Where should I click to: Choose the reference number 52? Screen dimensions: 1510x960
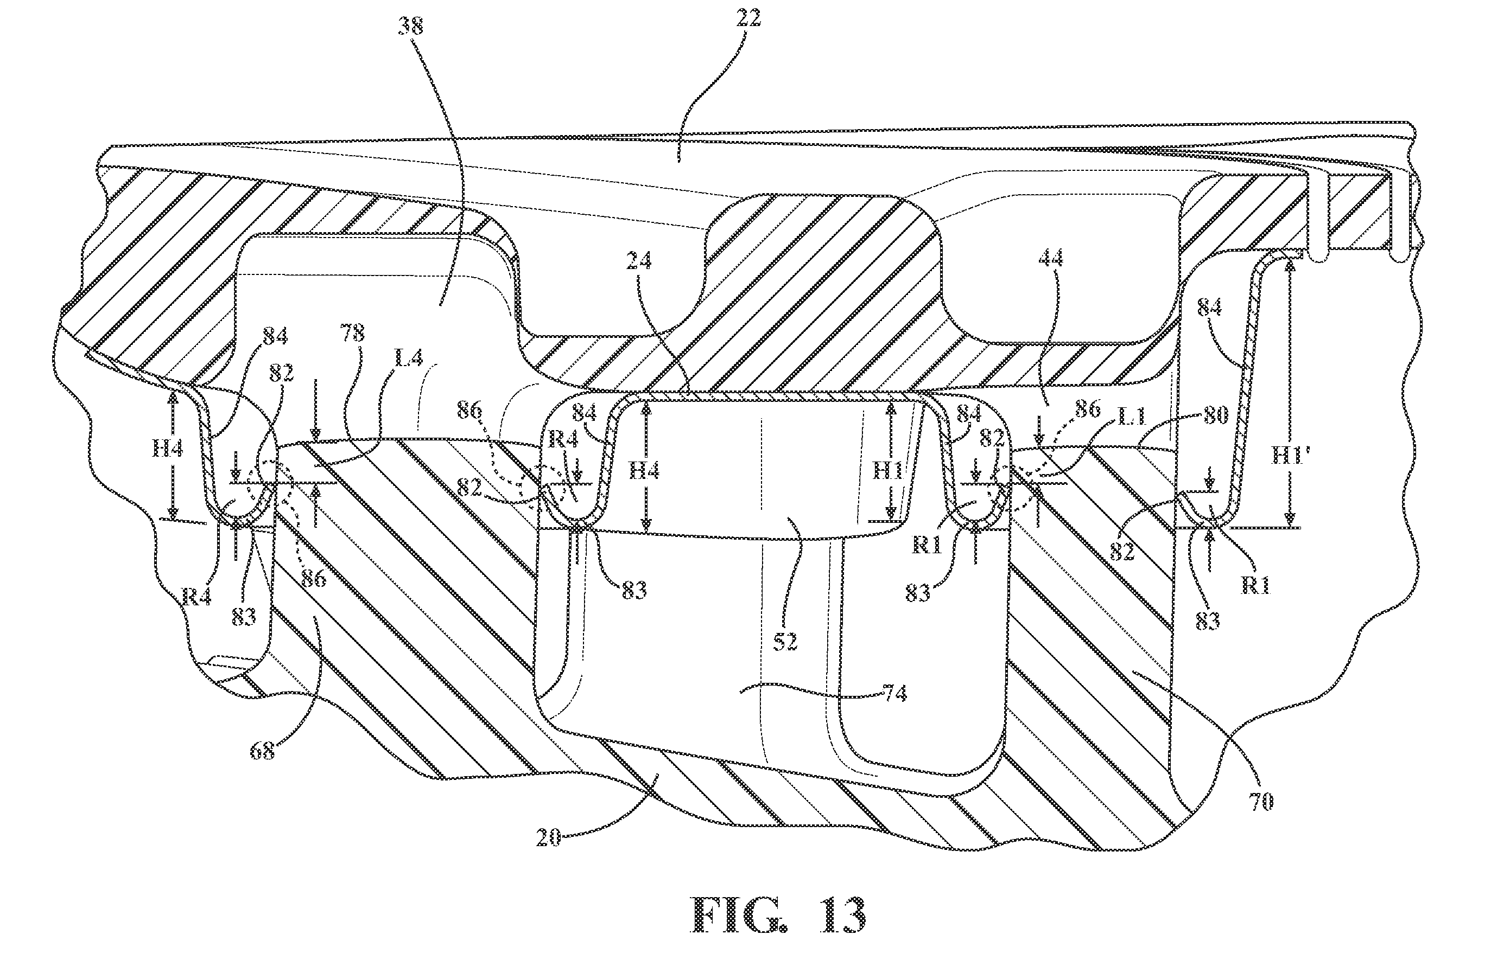click(x=784, y=641)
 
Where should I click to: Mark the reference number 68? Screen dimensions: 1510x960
click(x=263, y=751)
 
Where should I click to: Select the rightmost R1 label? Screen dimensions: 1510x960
click(x=1255, y=586)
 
